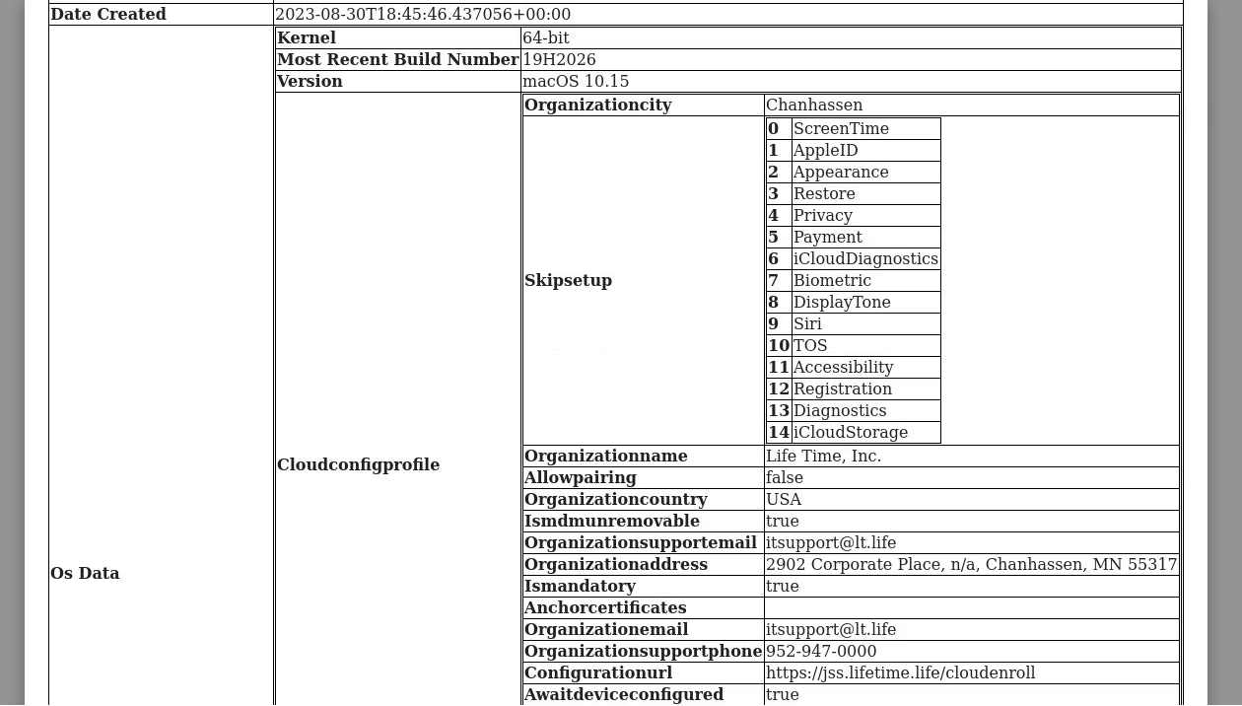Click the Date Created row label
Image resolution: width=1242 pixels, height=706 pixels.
coord(108,15)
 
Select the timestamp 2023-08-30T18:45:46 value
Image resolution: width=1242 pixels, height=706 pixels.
coord(423,15)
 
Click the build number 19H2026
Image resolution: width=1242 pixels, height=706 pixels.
coord(559,60)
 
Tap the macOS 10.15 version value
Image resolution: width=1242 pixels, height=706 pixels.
coord(576,82)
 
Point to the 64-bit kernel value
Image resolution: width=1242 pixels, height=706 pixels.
coord(545,38)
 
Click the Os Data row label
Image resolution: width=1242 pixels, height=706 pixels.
coord(85,574)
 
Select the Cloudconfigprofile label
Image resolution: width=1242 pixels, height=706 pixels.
coord(358,465)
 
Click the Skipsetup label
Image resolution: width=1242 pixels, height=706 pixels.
coord(568,281)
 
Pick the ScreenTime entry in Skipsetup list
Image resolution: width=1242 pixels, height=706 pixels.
coord(841,129)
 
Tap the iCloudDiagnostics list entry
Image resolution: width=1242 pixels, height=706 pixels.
coord(865,259)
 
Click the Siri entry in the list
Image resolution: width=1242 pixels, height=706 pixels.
coord(807,324)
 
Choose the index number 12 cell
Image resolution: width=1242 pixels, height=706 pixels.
coord(779,389)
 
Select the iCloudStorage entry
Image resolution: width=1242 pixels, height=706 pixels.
coord(851,433)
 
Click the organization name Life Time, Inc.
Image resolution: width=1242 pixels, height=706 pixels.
coord(823,457)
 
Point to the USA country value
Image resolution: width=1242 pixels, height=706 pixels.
coord(784,500)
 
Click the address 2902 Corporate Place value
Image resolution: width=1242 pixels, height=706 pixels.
coord(971,565)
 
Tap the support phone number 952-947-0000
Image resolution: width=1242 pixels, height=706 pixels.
coord(821,652)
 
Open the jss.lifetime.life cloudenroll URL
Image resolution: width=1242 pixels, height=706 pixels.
coord(900,673)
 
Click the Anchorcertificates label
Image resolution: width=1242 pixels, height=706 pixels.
coord(605,608)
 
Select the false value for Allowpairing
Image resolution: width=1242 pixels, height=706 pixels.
coord(785,478)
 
